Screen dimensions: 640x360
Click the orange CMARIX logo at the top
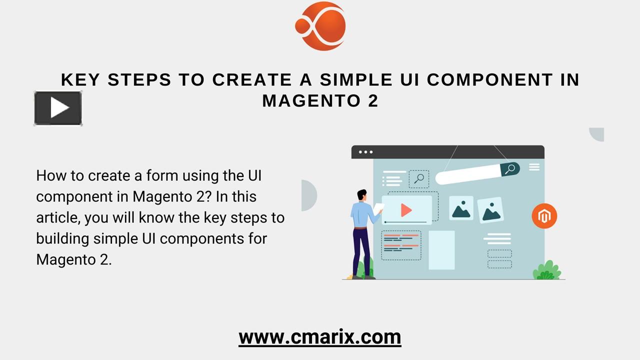(320, 26)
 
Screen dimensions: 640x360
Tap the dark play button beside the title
(58, 108)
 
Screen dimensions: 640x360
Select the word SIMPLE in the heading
(356, 79)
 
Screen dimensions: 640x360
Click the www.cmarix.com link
(320, 337)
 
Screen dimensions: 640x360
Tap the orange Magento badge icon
(544, 216)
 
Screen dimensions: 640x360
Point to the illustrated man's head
(362, 195)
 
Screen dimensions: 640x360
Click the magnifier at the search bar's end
(510, 169)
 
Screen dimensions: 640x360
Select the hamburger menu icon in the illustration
(534, 167)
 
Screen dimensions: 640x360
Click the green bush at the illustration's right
(546, 270)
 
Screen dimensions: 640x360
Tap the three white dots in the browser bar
(365, 152)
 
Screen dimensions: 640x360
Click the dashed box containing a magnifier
(419, 179)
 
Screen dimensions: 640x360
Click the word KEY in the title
(80, 79)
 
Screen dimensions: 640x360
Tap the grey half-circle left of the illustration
(309, 195)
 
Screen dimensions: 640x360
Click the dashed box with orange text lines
(401, 245)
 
